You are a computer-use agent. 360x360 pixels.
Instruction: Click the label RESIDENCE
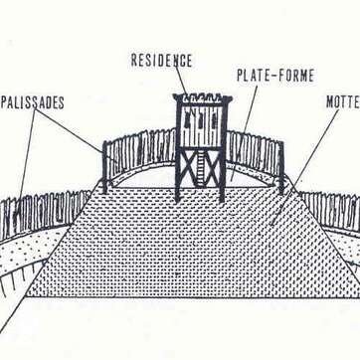[x=161, y=60]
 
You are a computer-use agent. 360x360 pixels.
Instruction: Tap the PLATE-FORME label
[x=275, y=75]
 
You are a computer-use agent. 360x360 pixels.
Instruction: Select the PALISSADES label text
[x=32, y=102]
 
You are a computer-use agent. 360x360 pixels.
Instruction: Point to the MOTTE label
[x=342, y=101]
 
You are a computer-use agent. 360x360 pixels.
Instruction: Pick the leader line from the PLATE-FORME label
[x=244, y=129]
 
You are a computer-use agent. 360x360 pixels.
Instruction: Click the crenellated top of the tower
[x=203, y=98]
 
